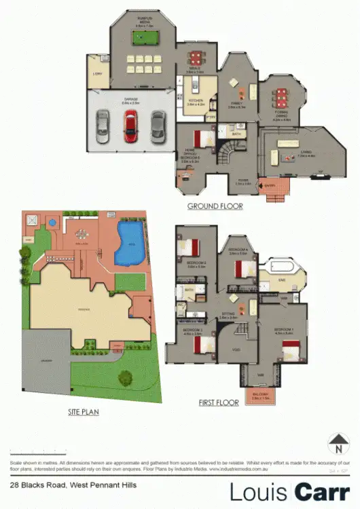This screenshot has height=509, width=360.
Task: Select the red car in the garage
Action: pos(130,126)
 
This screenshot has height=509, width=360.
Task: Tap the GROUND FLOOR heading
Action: pos(215,205)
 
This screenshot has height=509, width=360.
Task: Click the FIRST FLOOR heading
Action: pos(218,402)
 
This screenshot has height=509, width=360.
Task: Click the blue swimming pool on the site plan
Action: pos(130,242)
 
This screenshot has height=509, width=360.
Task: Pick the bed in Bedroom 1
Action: pos(291,352)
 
